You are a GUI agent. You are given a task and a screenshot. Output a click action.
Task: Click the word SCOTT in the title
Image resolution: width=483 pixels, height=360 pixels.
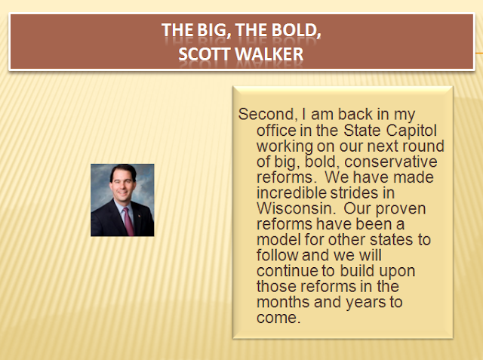(x=205, y=54)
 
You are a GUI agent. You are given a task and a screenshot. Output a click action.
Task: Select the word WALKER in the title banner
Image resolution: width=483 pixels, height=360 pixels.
(x=269, y=54)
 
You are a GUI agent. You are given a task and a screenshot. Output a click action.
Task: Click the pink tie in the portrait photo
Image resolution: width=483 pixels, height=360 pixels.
(x=128, y=221)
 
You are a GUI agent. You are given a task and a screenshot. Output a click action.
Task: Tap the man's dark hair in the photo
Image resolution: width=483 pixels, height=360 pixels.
(x=123, y=171)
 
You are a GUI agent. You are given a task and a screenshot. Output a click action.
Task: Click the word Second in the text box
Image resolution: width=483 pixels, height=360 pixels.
(x=266, y=115)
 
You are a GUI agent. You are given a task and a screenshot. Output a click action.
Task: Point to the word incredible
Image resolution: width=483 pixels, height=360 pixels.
(x=291, y=192)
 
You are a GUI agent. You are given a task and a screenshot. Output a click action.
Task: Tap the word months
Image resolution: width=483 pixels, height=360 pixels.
(x=283, y=301)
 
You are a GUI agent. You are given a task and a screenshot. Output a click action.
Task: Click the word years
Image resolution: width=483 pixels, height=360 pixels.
(x=365, y=303)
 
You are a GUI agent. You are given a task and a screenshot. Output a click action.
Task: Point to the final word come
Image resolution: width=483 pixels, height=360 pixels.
(x=278, y=318)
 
